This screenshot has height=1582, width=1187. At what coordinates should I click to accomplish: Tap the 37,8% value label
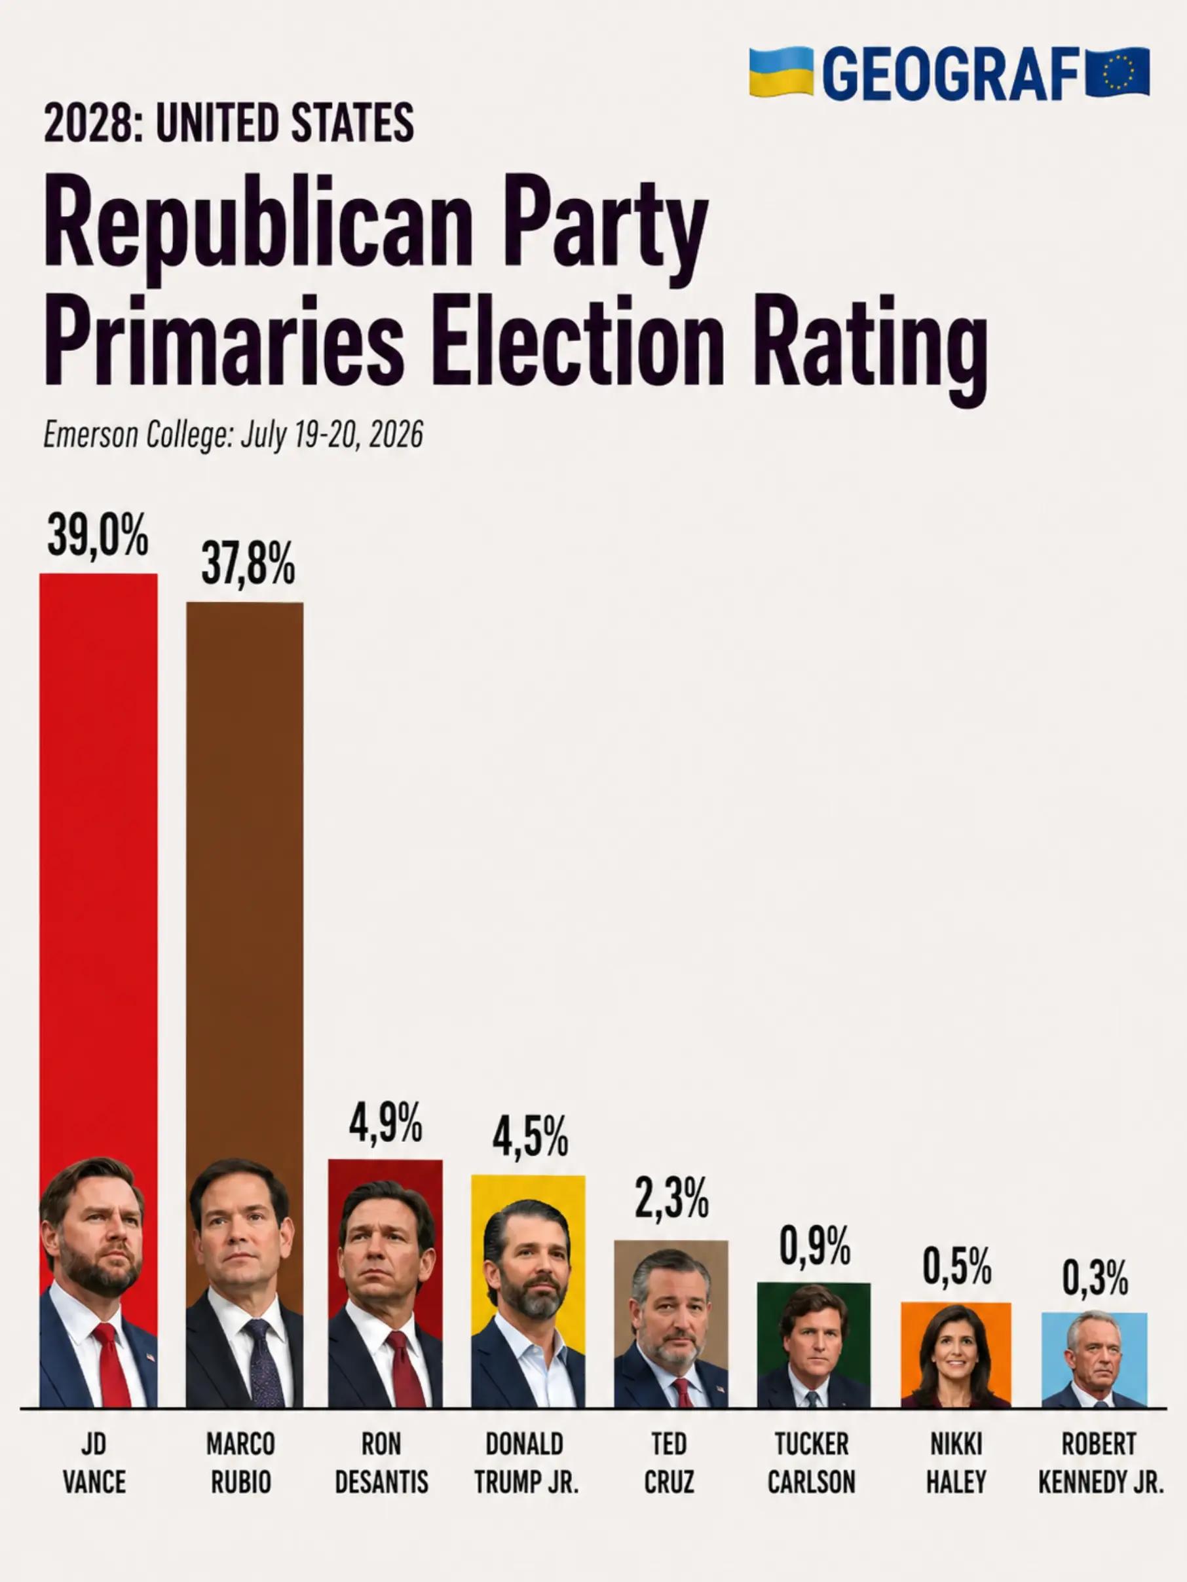(x=248, y=564)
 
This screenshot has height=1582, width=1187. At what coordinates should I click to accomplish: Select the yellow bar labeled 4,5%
(x=528, y=1291)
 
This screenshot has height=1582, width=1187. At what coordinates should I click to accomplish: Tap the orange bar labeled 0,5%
(x=956, y=1355)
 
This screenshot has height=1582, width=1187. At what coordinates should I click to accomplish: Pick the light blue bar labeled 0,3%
(x=1095, y=1359)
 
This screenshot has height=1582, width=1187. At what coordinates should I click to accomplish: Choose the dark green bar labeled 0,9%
(x=814, y=1344)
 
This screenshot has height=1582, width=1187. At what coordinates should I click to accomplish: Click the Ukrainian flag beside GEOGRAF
(x=782, y=72)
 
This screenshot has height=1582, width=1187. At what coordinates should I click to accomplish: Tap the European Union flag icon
(x=1118, y=72)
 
